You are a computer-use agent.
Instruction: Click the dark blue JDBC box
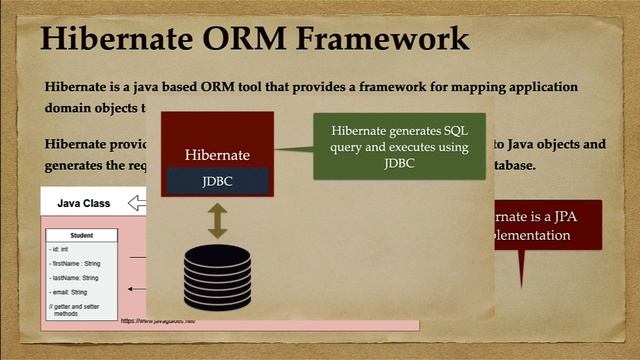coord(217,181)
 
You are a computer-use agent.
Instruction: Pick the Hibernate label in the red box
coord(217,155)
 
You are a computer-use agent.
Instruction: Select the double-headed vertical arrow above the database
coord(217,220)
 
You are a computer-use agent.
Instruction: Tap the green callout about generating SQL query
coord(399,146)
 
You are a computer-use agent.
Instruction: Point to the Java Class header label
coord(84,203)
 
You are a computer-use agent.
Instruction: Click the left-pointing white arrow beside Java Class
coord(137,204)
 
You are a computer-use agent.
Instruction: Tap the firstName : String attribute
coord(75,263)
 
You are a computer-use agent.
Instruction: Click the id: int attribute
coord(59,249)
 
